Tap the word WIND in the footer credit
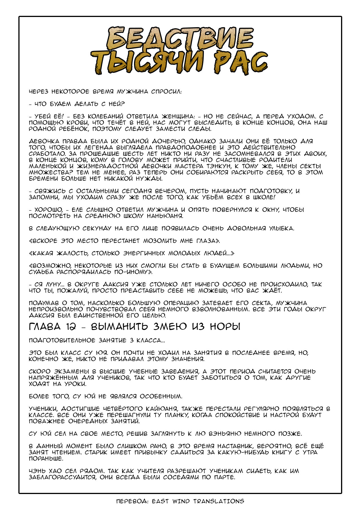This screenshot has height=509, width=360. [181, 501]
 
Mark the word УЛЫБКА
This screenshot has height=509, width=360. [281, 228]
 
